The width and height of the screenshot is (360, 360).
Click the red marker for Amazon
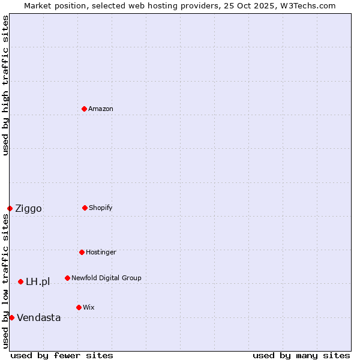[84, 109]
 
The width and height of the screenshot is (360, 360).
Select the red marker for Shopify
[85, 208]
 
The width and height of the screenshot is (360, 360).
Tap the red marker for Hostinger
[82, 252]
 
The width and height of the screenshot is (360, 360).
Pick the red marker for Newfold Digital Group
[67, 278]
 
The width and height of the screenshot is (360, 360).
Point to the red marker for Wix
[79, 307]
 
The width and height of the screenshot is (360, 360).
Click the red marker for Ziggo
[10, 208]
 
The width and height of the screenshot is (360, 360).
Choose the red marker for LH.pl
[20, 281]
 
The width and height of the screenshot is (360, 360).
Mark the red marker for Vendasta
[11, 317]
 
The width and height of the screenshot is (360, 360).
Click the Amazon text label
[101, 109]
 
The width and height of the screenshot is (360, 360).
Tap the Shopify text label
[101, 208]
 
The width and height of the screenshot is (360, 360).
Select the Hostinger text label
[101, 253]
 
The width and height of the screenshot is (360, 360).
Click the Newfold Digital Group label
[107, 278]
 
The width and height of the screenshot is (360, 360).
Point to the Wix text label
[89, 308]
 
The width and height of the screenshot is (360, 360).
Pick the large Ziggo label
[28, 209]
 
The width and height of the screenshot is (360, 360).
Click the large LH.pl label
[38, 282]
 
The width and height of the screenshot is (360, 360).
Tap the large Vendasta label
[39, 318]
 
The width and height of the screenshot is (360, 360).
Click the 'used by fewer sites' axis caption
[62, 355]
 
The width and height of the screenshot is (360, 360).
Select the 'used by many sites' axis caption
[301, 355]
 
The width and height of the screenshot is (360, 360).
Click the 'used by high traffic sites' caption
[5, 85]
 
